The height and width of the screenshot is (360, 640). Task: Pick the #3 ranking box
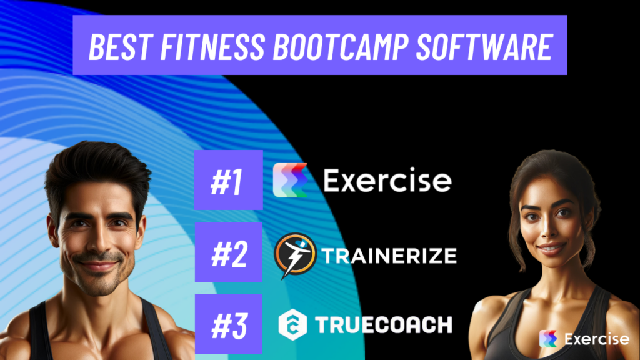click(x=228, y=324)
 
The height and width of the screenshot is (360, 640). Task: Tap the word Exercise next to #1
click(x=387, y=181)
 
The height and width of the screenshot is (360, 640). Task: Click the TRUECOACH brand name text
click(x=382, y=325)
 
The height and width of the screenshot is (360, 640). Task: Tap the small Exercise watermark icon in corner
click(x=548, y=339)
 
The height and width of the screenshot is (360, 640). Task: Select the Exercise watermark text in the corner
click(x=596, y=339)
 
